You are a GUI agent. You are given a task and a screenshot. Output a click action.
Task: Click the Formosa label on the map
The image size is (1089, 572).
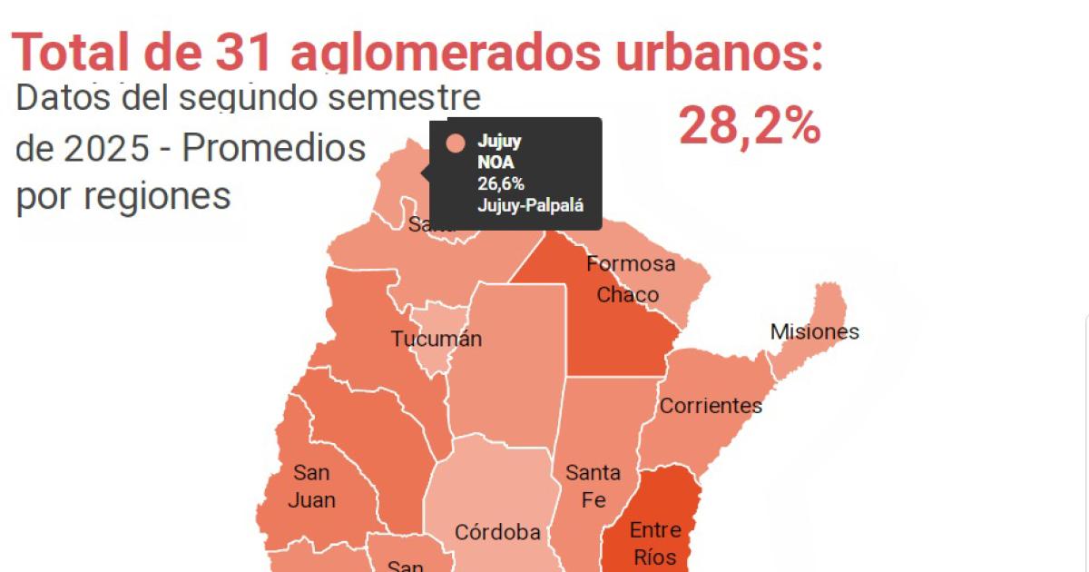point(631,264)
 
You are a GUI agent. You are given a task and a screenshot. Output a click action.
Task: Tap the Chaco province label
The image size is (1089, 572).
point(627,295)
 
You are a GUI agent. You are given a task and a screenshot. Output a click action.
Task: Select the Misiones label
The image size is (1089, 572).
point(814,331)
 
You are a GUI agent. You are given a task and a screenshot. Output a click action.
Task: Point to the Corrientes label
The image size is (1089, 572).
point(711,405)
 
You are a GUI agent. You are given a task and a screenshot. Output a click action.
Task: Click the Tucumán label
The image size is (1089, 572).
point(437,340)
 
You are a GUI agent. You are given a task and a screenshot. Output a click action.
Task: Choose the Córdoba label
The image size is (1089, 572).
point(497,533)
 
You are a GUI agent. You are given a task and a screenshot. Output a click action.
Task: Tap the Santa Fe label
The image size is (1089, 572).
point(593,486)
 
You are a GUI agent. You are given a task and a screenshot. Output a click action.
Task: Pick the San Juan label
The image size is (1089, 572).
point(312,486)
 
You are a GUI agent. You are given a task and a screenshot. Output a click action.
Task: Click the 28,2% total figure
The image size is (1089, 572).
point(750,127)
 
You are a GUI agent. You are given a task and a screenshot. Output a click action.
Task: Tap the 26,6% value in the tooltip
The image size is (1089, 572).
point(501,183)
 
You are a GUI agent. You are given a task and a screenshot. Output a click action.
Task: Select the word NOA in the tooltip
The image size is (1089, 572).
point(495,163)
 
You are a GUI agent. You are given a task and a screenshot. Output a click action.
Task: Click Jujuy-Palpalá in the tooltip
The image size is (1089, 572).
point(527,203)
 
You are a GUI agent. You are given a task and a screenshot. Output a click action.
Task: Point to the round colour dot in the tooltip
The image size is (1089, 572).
point(456,143)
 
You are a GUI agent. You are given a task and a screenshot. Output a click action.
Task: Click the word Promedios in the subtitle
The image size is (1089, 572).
point(274,147)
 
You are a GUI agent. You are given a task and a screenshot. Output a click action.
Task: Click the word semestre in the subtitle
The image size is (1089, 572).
point(403,98)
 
